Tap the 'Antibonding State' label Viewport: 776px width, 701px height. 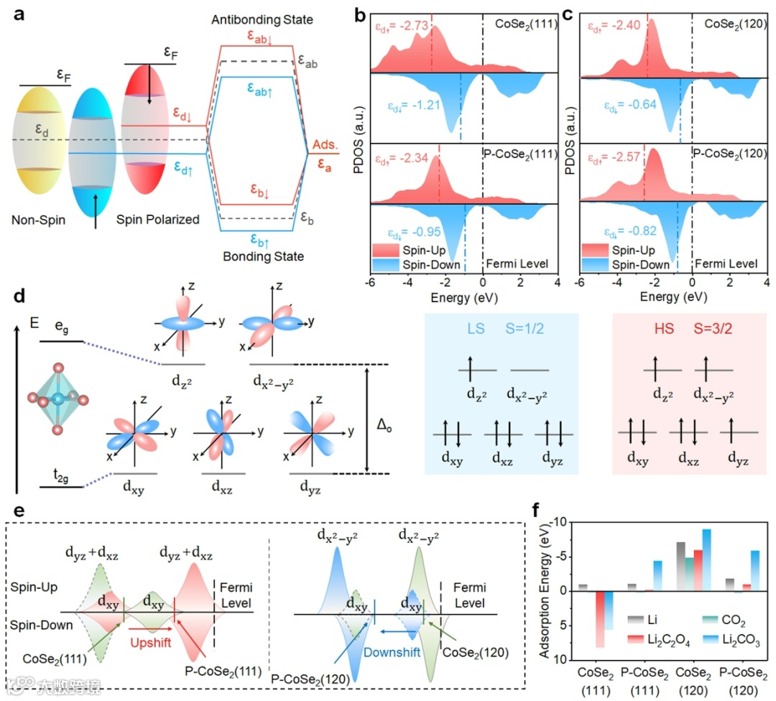coord(262,19)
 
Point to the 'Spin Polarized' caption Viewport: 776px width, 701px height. coord(157,220)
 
